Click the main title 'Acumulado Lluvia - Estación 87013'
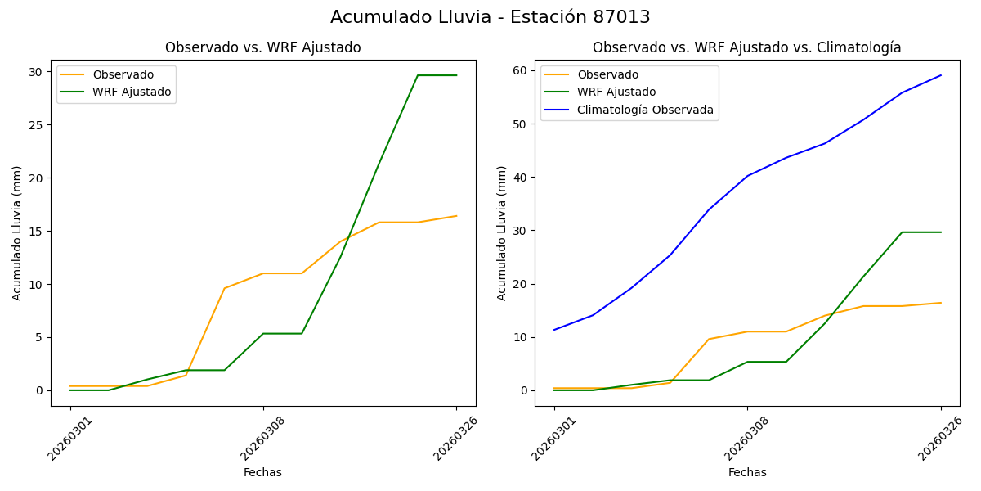pyautogui.click(x=490, y=17)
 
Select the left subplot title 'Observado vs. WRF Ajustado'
pyautogui.click(x=262, y=48)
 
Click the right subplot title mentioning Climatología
pyautogui.click(x=746, y=48)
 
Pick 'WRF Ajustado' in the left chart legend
pyautogui.click(x=132, y=92)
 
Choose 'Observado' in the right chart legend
pyautogui.click(x=607, y=75)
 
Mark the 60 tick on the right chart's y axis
pyautogui.click(x=520, y=71)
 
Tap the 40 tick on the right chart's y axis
pyautogui.click(x=520, y=178)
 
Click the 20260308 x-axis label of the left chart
pyautogui.click(x=262, y=438)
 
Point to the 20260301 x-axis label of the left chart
pyautogui.click(x=69, y=438)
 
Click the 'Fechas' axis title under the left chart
pyautogui.click(x=262, y=473)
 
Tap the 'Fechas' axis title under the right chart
pyautogui.click(x=747, y=473)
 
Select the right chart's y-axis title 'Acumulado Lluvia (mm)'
pyautogui.click(x=502, y=232)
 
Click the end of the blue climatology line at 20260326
pyautogui.click(x=941, y=75)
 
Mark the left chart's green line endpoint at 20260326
pyautogui.click(x=456, y=75)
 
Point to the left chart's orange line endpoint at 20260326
pyautogui.click(x=456, y=216)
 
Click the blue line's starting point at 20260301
pyautogui.click(x=554, y=330)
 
